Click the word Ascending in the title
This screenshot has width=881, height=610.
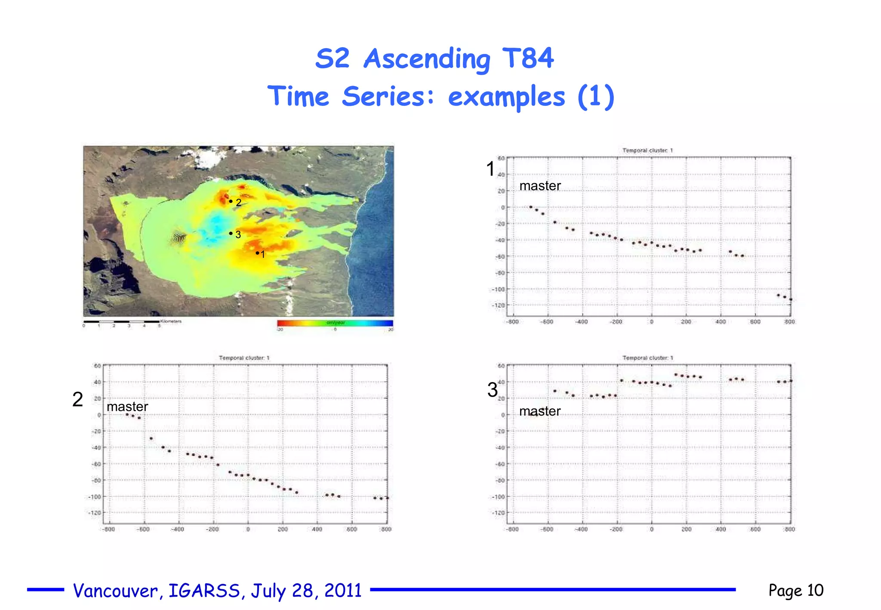click(x=426, y=59)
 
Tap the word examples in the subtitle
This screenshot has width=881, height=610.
click(x=506, y=96)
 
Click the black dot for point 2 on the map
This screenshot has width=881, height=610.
click(x=231, y=201)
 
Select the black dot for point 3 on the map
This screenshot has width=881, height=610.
click(x=231, y=233)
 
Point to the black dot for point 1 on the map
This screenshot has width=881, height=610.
click(x=257, y=253)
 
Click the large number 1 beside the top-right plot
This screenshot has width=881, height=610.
click(x=490, y=169)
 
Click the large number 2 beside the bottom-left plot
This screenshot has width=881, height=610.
click(x=77, y=400)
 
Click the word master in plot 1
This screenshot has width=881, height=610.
click(x=540, y=186)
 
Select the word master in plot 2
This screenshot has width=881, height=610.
click(x=127, y=407)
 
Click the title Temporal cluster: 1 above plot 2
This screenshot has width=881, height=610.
click(x=244, y=358)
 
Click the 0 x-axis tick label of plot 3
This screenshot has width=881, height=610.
click(x=652, y=530)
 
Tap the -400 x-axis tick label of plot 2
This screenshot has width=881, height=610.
click(x=178, y=530)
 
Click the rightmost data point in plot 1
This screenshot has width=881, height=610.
click(x=791, y=299)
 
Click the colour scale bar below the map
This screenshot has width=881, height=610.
click(x=335, y=323)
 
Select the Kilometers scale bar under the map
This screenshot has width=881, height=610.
click(x=122, y=321)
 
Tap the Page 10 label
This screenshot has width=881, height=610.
click(x=796, y=590)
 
